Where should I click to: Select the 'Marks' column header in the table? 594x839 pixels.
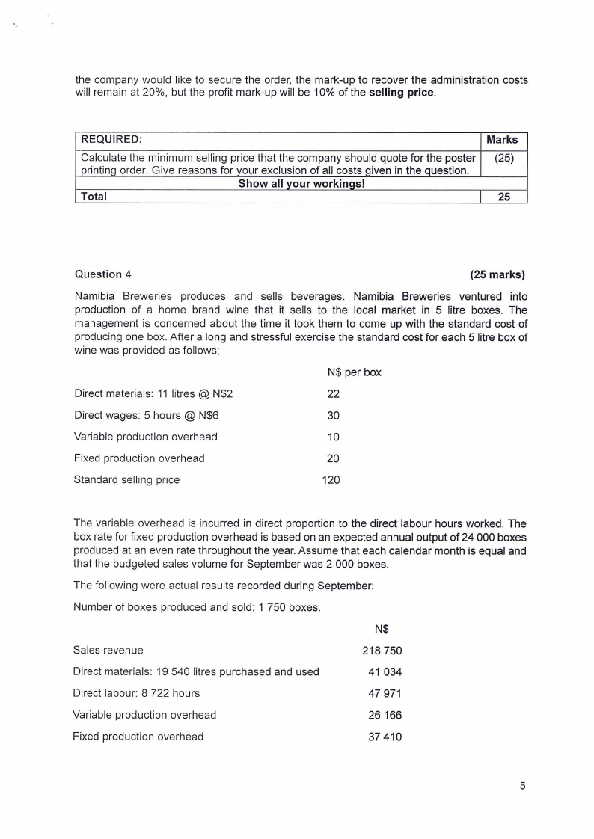pos(502,140)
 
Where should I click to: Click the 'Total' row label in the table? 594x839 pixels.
pos(94,197)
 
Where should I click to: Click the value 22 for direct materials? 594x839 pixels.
pos(334,394)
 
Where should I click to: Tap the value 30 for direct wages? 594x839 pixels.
pos(334,416)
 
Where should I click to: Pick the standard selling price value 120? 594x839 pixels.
pos(331,480)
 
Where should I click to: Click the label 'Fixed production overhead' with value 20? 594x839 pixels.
pos(139,458)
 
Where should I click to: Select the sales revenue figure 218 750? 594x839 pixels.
pos(382,651)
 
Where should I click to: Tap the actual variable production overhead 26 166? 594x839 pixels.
pos(385,715)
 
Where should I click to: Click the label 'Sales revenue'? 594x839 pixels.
pos(108,651)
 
